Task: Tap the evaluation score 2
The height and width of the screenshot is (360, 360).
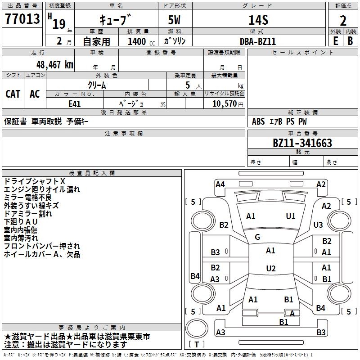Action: click(343, 21)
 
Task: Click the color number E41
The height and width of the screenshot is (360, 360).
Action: click(74, 103)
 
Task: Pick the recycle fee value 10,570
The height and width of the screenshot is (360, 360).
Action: click(224, 104)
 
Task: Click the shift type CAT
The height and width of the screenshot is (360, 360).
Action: click(13, 94)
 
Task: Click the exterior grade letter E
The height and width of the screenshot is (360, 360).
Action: click(335, 41)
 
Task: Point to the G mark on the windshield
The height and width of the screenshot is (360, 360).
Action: click(257, 237)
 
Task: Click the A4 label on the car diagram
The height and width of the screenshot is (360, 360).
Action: click(220, 184)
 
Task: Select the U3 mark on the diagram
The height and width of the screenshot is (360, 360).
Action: click(318, 225)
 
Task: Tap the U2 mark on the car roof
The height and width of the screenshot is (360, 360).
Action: click(270, 269)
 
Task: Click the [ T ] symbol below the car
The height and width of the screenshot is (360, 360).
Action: click(197, 344)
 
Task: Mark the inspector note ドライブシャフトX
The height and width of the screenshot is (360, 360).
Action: click(35, 181)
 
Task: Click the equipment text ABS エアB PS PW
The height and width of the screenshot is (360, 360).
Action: click(279, 121)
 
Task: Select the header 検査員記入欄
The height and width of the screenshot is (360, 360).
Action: click(92, 173)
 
